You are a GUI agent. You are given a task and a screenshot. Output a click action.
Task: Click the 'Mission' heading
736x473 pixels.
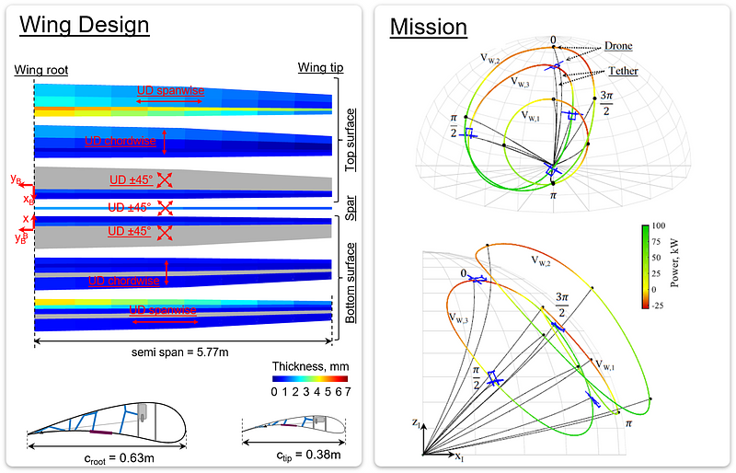pyautogui.click(x=429, y=27)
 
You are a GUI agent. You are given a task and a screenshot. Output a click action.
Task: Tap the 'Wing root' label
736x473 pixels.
pyautogui.click(x=42, y=70)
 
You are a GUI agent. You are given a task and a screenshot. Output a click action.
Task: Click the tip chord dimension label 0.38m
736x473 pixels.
pyautogui.click(x=296, y=456)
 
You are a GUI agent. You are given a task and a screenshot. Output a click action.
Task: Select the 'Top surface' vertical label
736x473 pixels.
pyautogui.click(x=351, y=139)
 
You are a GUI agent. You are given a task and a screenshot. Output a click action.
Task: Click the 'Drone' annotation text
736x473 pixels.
pyautogui.click(x=618, y=45)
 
